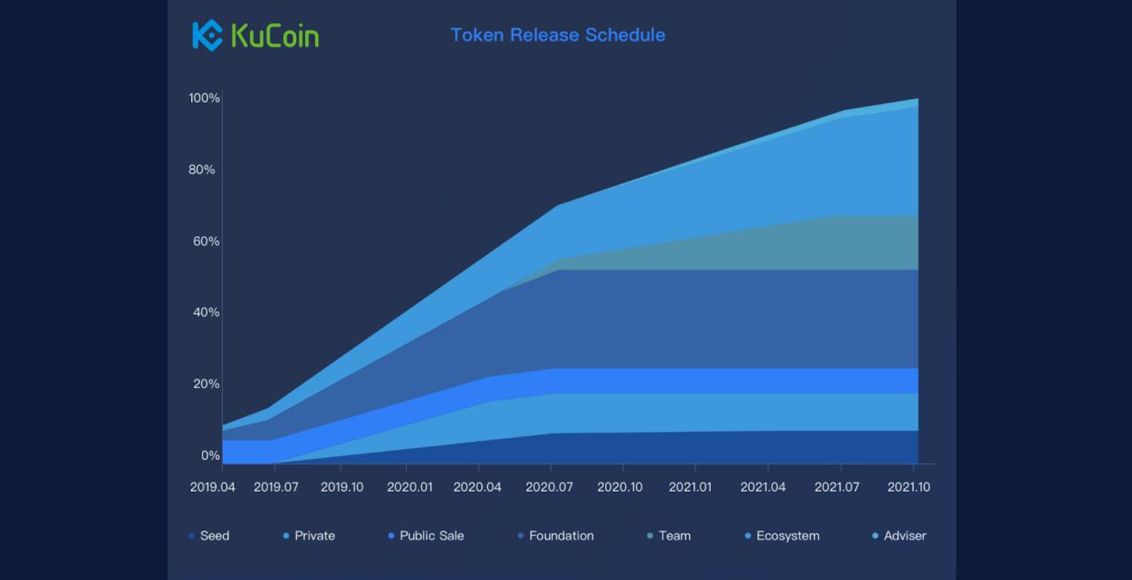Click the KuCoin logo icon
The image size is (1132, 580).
pos(207,35)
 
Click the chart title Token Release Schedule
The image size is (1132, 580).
pos(558,34)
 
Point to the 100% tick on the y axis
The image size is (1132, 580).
pos(204,98)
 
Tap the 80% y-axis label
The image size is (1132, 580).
pos(202,170)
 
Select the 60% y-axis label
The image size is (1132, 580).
pos(206,241)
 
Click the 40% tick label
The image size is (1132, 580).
pos(206,313)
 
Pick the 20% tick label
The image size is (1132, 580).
pos(206,384)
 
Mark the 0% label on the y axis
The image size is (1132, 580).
pos(210,455)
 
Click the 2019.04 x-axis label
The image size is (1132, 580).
pos(212,487)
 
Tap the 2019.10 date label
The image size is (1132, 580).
pos(342,487)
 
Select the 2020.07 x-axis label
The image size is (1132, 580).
pos(549,487)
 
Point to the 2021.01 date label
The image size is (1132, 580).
pos(691,487)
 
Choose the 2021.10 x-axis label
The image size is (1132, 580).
pos(908,487)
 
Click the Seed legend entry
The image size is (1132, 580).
pos(210,536)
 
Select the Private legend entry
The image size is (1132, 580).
pos(309,536)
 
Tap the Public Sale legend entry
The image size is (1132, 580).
pos(426,536)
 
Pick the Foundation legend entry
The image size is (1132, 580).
pos(556,536)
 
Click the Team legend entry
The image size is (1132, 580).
pos(669,536)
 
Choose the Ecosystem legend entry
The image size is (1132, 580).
pos(783,536)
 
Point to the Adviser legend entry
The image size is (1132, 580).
pos(899,536)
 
